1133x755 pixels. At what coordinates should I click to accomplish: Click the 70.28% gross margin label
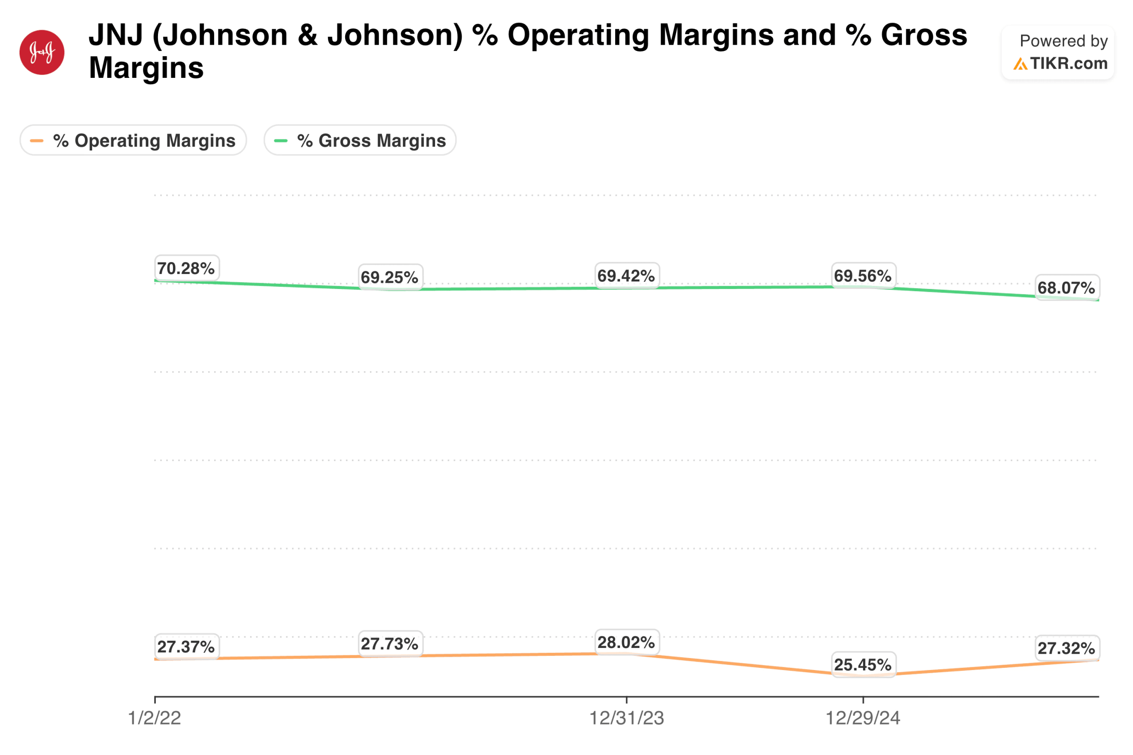click(186, 268)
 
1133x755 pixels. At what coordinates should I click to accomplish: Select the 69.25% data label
click(389, 277)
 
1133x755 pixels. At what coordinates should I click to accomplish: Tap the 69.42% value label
click(626, 276)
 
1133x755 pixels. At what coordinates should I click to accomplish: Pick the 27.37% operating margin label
click(186, 647)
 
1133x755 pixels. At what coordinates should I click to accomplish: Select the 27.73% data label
click(389, 644)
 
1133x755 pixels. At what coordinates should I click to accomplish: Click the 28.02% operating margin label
click(626, 642)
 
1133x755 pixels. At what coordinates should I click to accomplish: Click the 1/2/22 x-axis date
click(154, 718)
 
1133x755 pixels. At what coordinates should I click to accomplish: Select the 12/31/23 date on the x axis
click(626, 718)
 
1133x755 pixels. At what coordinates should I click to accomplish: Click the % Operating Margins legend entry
click(133, 141)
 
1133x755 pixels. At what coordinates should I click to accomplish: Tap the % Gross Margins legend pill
click(360, 141)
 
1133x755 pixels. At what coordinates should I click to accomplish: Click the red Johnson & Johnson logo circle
click(42, 53)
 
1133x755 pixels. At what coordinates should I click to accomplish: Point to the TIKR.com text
click(1068, 64)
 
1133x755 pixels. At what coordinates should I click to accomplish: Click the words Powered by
click(1063, 41)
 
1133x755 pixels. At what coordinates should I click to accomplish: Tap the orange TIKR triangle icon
click(1019, 64)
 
